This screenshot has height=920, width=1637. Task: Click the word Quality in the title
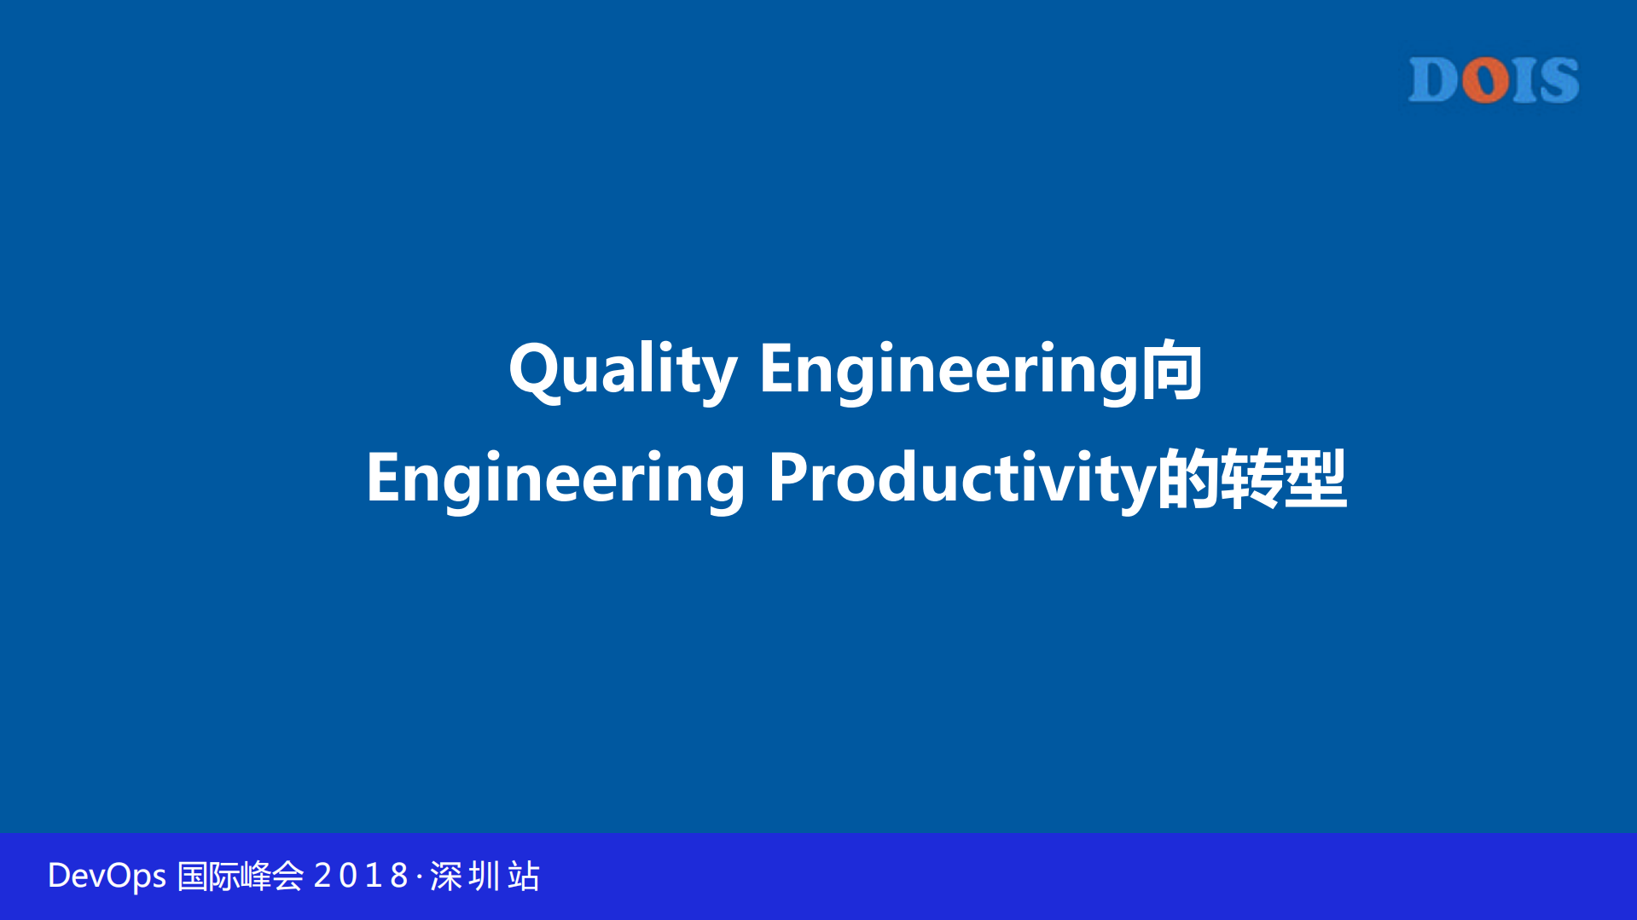click(x=623, y=369)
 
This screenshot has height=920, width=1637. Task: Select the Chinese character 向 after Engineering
click(x=1172, y=369)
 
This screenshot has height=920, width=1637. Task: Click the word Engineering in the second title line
click(x=555, y=478)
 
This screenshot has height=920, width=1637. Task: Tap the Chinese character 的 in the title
click(x=1188, y=478)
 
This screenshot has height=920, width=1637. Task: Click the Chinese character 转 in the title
click(x=1252, y=478)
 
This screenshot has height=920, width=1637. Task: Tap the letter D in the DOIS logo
click(x=1434, y=81)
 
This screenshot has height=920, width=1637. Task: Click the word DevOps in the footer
click(x=107, y=877)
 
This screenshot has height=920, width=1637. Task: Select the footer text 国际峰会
click(x=240, y=877)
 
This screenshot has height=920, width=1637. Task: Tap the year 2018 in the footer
click(x=361, y=877)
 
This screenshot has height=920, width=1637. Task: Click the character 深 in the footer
click(x=446, y=877)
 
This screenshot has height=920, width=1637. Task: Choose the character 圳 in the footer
click(x=485, y=877)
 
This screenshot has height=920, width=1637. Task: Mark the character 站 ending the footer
click(x=524, y=877)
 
